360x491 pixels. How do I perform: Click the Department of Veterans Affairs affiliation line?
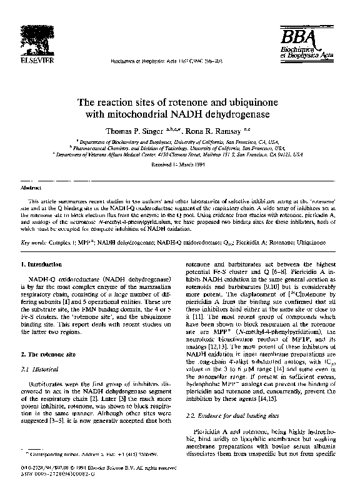click(x=180, y=153)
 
